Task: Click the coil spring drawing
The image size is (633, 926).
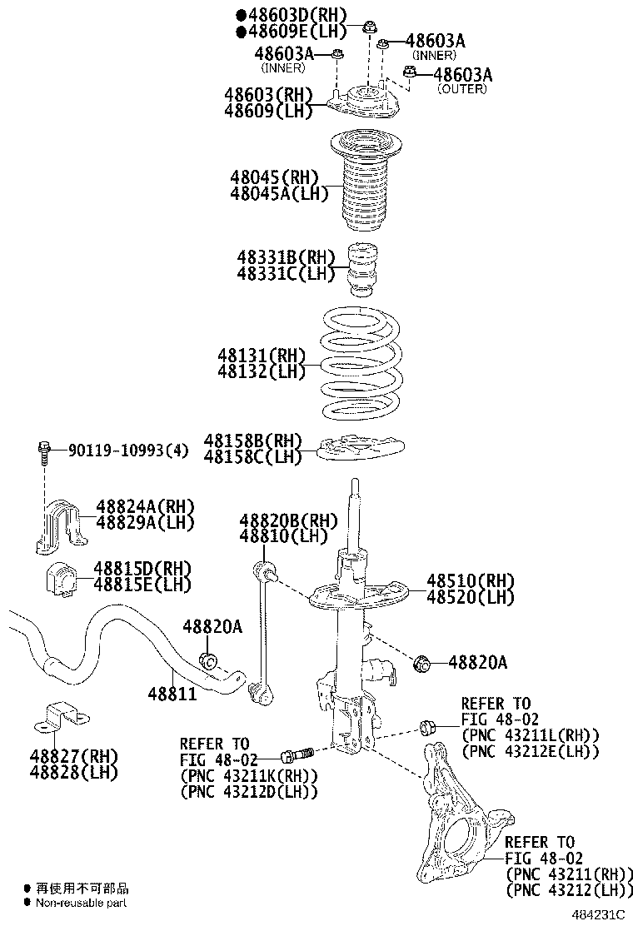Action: (x=362, y=364)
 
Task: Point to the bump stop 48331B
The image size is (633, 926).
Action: (x=361, y=268)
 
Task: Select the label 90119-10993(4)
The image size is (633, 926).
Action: (x=127, y=451)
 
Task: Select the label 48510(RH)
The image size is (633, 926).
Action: (x=471, y=580)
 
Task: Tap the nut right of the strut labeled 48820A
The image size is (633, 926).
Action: (x=422, y=663)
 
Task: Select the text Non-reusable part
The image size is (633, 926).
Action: (x=81, y=902)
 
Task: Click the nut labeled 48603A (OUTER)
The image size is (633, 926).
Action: (x=410, y=73)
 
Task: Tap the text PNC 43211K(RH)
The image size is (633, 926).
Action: (x=249, y=775)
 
